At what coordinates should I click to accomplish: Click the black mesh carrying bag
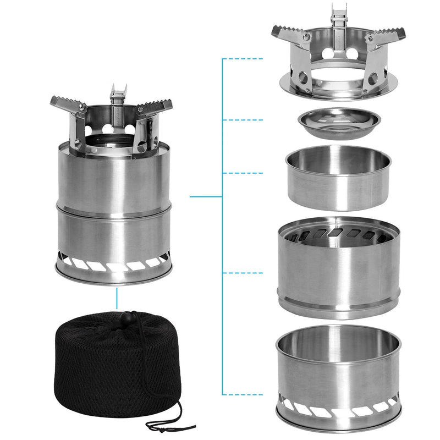point(105,363)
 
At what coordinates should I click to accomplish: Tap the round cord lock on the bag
point(131,317)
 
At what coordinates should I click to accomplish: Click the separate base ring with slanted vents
point(338,380)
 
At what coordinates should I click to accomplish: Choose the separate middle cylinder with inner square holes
point(338,269)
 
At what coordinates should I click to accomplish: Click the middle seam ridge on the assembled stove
point(114,206)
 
